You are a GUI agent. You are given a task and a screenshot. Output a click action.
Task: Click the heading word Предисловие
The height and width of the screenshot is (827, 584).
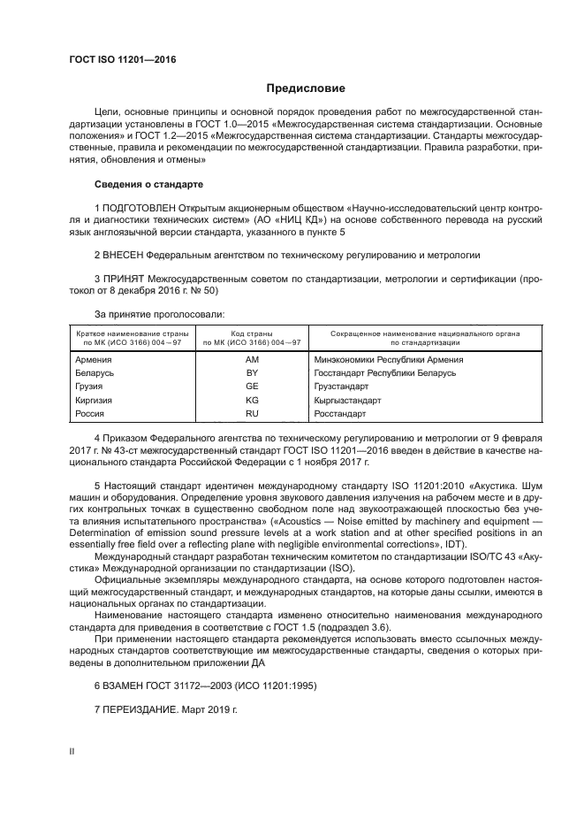pos(306,89)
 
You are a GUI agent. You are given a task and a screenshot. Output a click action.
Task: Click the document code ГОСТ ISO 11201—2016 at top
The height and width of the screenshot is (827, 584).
pos(122,59)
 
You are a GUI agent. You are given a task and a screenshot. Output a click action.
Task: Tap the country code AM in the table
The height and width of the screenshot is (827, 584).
pos(252,360)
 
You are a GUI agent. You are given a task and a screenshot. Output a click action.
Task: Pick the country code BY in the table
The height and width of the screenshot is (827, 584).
pos(252,373)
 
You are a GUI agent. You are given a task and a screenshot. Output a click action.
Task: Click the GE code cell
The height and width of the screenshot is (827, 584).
pos(252,387)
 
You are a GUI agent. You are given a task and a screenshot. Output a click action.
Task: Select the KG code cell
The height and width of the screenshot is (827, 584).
pos(252,400)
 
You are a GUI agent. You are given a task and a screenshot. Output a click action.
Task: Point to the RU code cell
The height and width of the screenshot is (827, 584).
pos(252,413)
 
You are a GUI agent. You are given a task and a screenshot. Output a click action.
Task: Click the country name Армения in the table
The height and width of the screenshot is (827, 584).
pos(95,360)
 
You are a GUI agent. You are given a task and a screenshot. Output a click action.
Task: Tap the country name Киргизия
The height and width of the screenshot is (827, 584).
pos(96,400)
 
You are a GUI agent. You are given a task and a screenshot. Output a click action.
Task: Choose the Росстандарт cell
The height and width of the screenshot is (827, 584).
pos(339,413)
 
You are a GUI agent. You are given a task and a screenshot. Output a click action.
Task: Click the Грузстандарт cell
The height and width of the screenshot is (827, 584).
pos(342,387)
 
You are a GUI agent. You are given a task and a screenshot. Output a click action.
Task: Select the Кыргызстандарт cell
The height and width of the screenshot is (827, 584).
pos(347,400)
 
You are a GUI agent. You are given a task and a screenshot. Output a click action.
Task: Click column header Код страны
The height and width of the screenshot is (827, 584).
pos(252,333)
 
